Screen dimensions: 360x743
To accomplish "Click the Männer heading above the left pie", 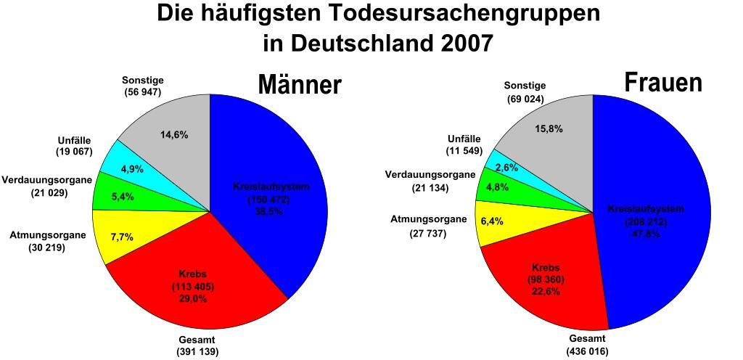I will (300, 85).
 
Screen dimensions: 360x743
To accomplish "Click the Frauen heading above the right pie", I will (663, 82).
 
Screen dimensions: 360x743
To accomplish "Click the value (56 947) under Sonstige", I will (142, 92).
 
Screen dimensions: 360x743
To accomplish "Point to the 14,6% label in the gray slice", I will (174, 135).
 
